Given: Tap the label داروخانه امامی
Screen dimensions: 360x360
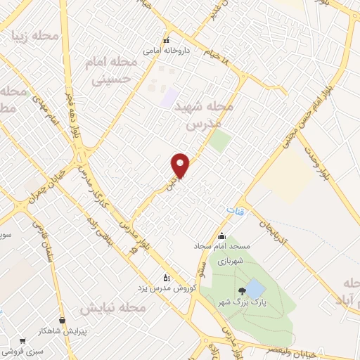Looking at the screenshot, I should tap(162, 51).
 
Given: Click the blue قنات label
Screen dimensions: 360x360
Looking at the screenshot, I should tap(234, 211).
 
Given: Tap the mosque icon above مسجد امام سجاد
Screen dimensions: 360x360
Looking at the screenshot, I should tap(222, 236).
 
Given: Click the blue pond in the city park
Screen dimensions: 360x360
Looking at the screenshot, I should tap(255, 288).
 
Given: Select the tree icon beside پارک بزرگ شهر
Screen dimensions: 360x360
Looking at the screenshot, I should tap(243, 290).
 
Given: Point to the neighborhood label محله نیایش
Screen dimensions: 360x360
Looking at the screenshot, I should tap(112, 309).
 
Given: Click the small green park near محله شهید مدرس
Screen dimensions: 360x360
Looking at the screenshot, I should tap(220, 141).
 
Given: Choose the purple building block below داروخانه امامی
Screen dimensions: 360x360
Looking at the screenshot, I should tap(167, 98).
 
